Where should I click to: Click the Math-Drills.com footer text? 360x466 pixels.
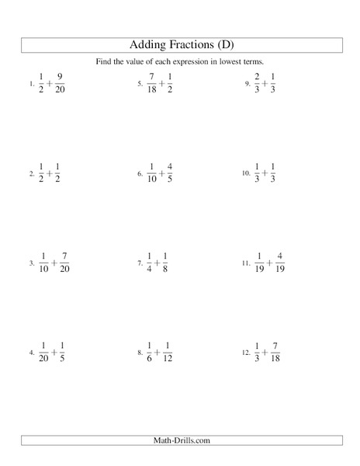click(180, 440)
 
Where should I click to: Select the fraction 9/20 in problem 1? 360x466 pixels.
click(61, 82)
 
